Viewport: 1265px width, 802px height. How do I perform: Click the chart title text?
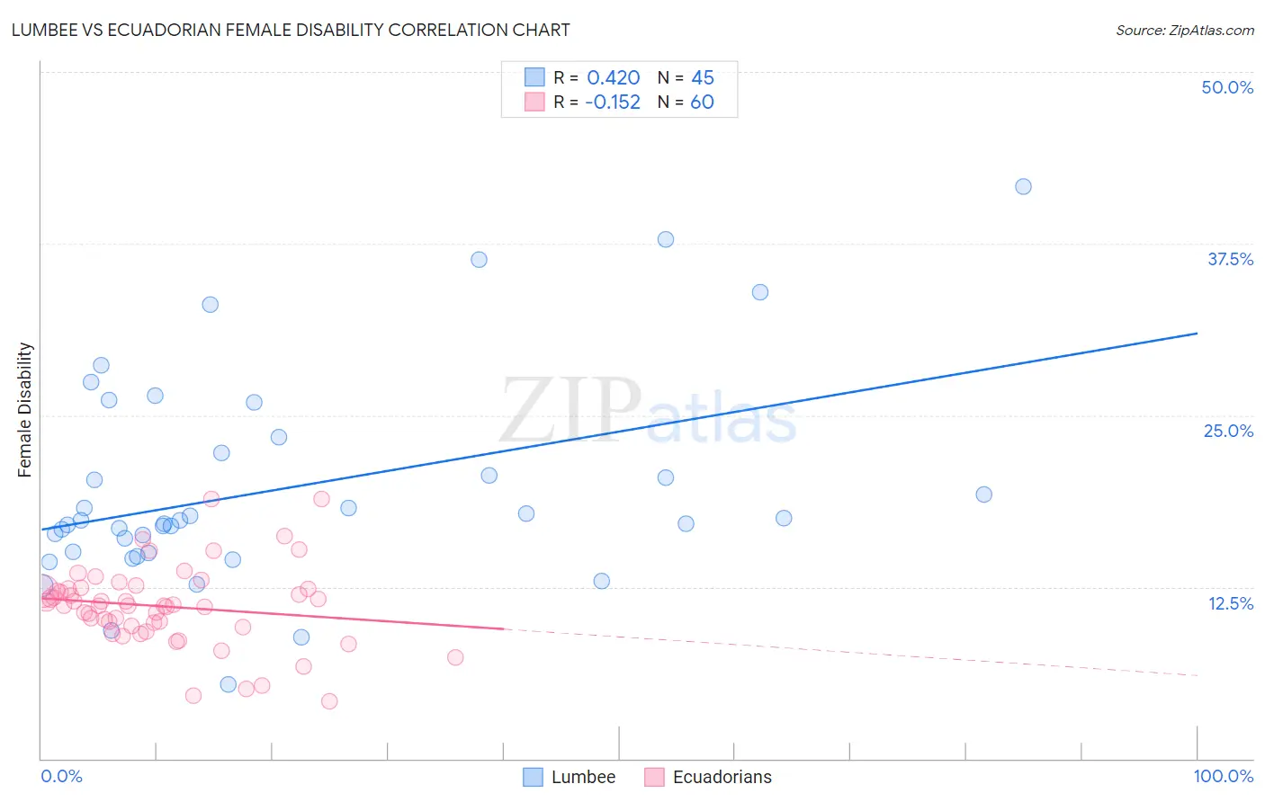[x=291, y=30]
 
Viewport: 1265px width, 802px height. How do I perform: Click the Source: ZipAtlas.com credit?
[x=1184, y=30]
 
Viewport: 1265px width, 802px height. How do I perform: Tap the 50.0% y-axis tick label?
[x=1227, y=87]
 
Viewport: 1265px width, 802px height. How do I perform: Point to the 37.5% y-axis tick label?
[x=1230, y=259]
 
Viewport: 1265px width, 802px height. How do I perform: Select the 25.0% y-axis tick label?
[x=1228, y=431]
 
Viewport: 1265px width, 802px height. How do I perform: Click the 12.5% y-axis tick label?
[x=1230, y=603]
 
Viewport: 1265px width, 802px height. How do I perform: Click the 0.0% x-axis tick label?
[x=61, y=776]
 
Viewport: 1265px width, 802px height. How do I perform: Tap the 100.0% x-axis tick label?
[x=1223, y=776]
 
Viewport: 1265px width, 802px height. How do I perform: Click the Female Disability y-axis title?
[x=25, y=409]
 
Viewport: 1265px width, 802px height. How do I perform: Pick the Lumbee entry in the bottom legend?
[x=583, y=777]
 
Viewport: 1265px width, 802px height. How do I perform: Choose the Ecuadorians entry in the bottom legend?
[x=722, y=777]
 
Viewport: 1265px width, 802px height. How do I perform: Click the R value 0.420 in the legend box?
[x=613, y=78]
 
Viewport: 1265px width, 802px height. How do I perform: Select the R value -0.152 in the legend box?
[x=612, y=102]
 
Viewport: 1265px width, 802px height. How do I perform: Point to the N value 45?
[x=702, y=78]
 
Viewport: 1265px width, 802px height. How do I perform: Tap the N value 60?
[x=702, y=102]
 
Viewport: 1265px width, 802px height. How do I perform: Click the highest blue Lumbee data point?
[x=1023, y=187]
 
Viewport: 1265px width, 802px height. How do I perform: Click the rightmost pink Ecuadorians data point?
[x=455, y=657]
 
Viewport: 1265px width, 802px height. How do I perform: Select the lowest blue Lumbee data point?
[x=229, y=685]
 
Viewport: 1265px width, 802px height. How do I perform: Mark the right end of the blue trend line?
[x=1197, y=334]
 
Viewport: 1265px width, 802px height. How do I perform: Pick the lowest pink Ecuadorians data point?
[x=329, y=701]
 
